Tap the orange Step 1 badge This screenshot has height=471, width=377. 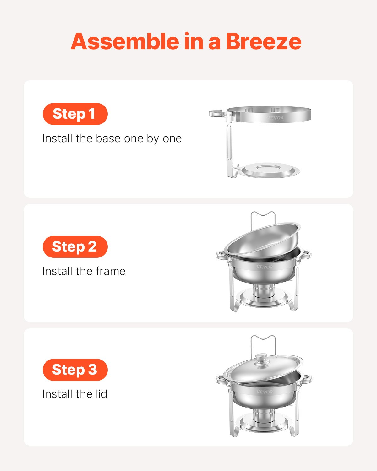pyautogui.click(x=75, y=114)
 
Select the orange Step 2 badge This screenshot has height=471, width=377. pyautogui.click(x=75, y=246)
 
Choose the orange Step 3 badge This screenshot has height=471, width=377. pyautogui.click(x=75, y=370)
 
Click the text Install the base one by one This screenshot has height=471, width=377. pyautogui.click(x=112, y=138)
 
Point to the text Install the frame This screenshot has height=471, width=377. pyautogui.click(x=84, y=271)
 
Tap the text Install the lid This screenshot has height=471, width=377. pyautogui.click(x=75, y=394)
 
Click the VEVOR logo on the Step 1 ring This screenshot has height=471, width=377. pyautogui.click(x=275, y=118)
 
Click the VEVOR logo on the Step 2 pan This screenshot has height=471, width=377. pyautogui.click(x=265, y=267)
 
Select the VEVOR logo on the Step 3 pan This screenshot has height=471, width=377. pyautogui.click(x=265, y=392)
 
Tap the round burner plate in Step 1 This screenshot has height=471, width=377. pyautogui.click(x=270, y=170)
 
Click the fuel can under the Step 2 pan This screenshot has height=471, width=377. pyautogui.click(x=263, y=291)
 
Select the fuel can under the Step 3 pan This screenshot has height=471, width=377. pyautogui.click(x=263, y=416)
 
